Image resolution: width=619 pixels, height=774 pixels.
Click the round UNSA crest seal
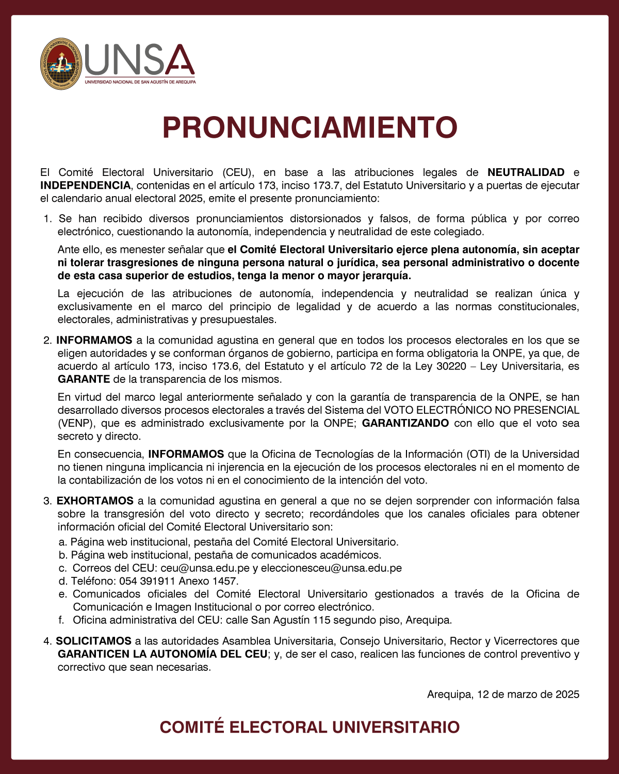61,64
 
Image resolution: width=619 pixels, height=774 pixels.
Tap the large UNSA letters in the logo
139,60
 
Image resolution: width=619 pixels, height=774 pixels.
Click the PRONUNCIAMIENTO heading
309,127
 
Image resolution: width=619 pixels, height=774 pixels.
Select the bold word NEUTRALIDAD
526,172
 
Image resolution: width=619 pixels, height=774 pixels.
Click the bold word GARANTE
84,379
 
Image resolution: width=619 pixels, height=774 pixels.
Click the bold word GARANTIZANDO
405,423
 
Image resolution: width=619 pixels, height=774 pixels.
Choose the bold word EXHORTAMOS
95,501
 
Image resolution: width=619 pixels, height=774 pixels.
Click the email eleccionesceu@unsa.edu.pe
331,568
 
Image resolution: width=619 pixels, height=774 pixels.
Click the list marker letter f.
61,620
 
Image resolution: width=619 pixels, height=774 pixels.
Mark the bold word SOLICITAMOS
93,641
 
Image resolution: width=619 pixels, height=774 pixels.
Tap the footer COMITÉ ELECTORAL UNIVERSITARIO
309,727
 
